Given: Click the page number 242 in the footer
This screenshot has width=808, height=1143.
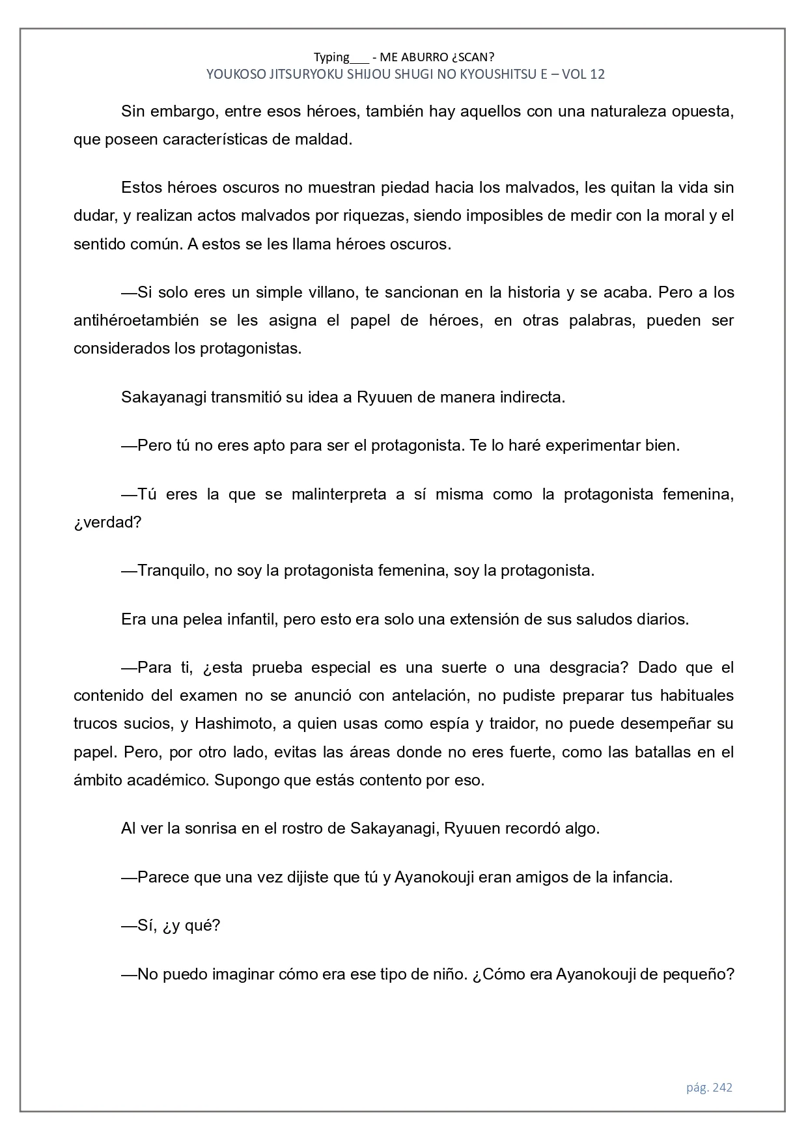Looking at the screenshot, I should click(723, 1087).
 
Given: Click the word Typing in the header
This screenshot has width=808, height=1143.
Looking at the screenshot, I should click(331, 57).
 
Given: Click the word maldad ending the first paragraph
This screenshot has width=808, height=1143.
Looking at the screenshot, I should click(324, 139).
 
